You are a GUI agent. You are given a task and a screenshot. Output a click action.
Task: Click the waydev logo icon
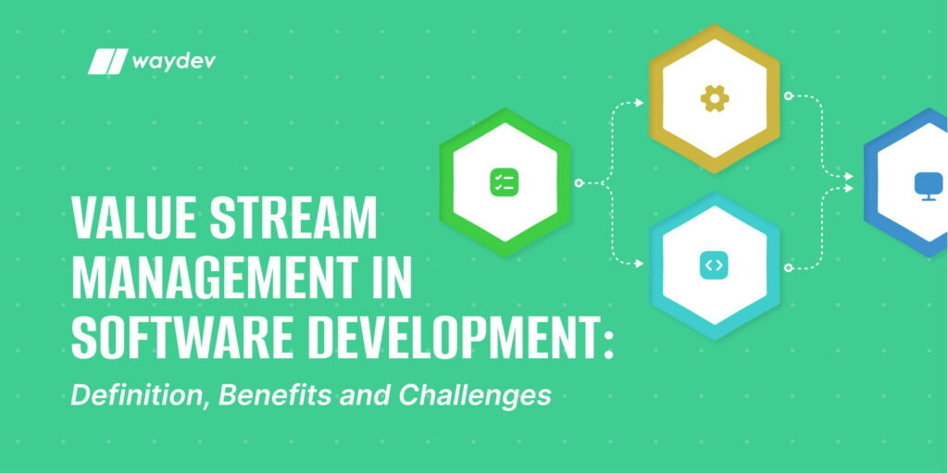[x=106, y=62]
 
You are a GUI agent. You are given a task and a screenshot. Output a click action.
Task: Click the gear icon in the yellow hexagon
[x=714, y=98]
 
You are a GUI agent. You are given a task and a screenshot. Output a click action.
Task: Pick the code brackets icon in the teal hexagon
[x=714, y=266]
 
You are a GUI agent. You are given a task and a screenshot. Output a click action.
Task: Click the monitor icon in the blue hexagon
[x=926, y=184]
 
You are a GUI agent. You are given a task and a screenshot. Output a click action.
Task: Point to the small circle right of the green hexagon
[x=579, y=183]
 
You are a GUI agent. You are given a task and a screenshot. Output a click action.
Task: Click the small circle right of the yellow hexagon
[x=788, y=95]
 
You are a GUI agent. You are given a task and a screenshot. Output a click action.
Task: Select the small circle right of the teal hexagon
[x=788, y=268]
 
